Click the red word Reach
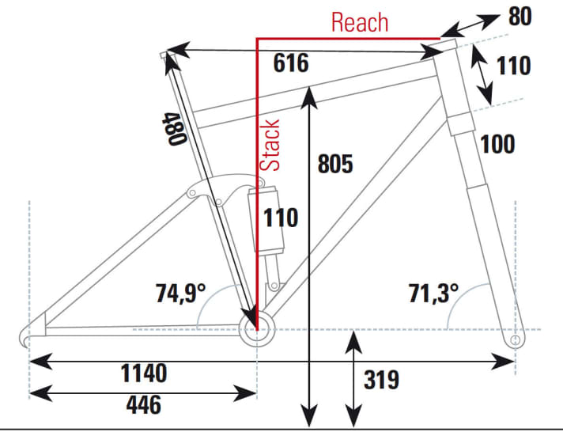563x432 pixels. tap(360, 22)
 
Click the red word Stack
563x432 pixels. tap(271, 145)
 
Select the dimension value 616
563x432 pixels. tap(291, 64)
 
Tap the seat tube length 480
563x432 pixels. tap(174, 128)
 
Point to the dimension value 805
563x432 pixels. tap(334, 164)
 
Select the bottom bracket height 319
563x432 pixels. tap(382, 381)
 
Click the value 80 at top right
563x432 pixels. tap(519, 16)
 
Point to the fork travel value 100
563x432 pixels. tap(497, 145)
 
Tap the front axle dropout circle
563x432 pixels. tap(516, 339)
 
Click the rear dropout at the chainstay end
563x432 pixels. tap(26, 339)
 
